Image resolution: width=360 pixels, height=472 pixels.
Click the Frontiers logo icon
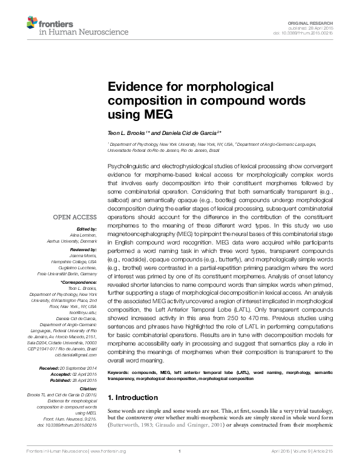31,22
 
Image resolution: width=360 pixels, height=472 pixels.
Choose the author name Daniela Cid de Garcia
191,132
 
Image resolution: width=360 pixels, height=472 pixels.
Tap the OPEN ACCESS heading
75,217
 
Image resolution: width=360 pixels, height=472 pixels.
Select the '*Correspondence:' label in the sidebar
78,282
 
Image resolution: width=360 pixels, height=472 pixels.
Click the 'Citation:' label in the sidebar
85,388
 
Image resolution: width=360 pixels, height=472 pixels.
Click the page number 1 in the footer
180,451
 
